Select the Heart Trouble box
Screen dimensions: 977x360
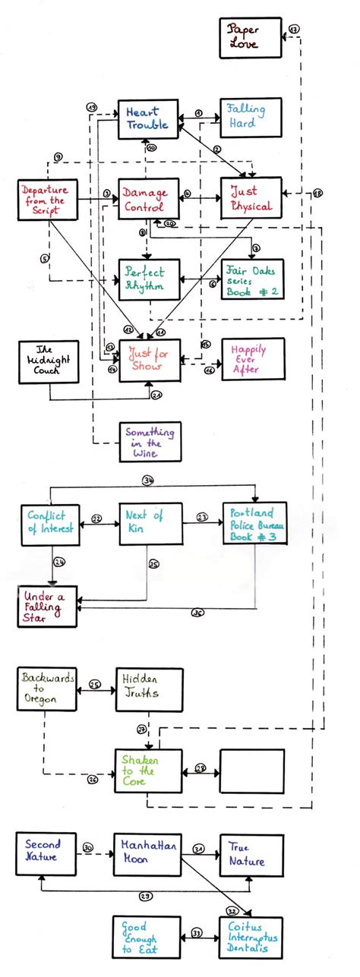tap(148, 119)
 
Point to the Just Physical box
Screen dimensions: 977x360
tap(251, 199)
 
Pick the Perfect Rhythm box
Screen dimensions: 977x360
tap(149, 279)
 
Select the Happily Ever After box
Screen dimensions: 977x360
tap(251, 359)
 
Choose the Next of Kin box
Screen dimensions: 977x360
tap(150, 522)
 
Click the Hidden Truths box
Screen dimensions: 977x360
tap(150, 689)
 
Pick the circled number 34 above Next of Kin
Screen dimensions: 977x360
tap(148, 480)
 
